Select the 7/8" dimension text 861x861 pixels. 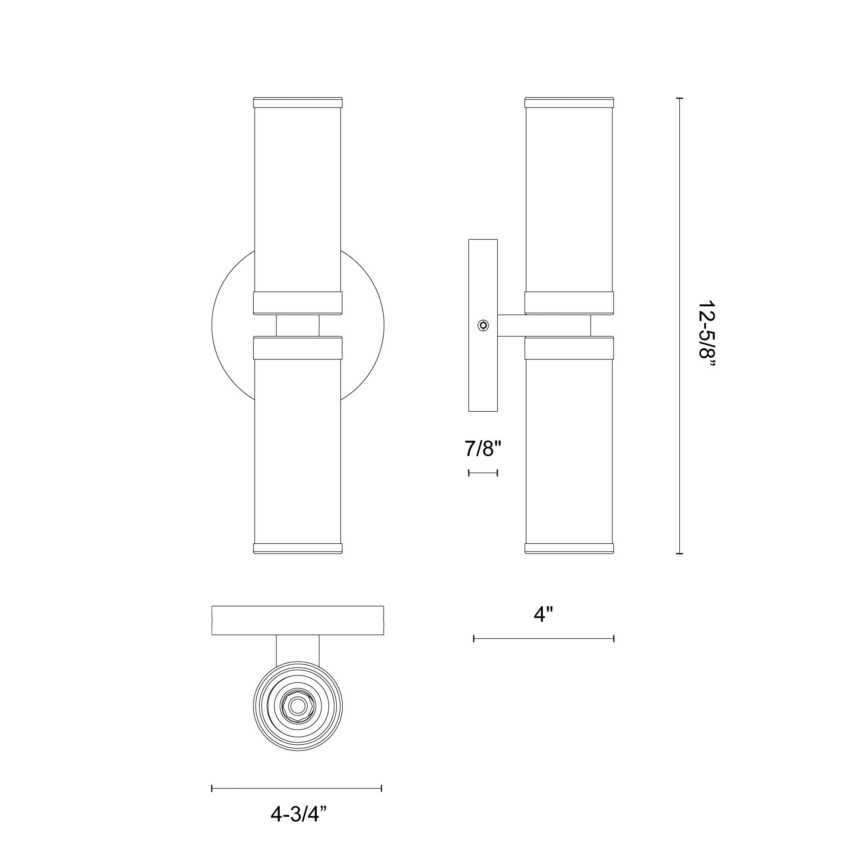[483, 448]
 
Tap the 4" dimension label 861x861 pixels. [543, 615]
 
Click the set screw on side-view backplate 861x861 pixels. [483, 325]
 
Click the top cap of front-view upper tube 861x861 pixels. [298, 102]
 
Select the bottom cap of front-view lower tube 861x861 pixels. [298, 548]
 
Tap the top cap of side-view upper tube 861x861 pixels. [569, 102]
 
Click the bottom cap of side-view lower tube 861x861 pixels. [569, 548]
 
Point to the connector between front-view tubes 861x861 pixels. [298, 325]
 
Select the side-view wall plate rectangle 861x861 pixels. [483, 276]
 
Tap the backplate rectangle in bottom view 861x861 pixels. [298, 620]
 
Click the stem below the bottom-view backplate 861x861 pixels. [298, 648]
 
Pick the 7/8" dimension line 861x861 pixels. [483, 473]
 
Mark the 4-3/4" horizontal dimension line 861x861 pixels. [296, 788]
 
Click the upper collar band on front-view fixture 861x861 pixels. [298, 303]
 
